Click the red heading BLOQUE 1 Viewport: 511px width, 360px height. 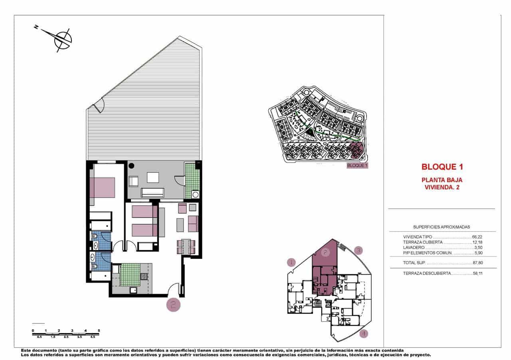click(442, 167)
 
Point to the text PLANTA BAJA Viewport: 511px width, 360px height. click(442, 180)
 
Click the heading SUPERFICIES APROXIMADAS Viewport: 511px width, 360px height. click(441, 227)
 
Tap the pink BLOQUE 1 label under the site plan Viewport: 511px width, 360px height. click(357, 165)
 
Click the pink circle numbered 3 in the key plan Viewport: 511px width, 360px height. click(358, 251)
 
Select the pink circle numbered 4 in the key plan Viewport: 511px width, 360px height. click(363, 333)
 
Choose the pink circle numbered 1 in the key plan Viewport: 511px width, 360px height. click(291, 263)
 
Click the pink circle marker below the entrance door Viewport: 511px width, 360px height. click(174, 304)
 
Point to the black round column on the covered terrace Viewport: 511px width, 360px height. click(131, 166)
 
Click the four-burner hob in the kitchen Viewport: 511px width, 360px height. click(144, 276)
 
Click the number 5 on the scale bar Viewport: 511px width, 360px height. click(99, 330)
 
